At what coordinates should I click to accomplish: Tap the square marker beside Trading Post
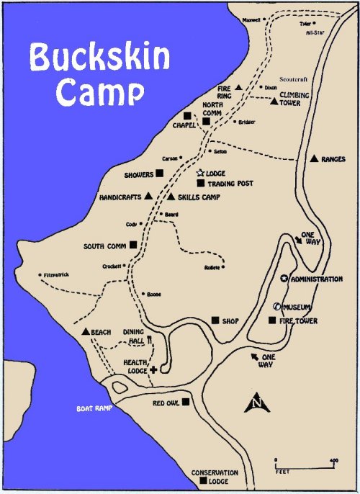[200, 183]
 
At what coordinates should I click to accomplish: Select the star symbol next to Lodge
[200, 173]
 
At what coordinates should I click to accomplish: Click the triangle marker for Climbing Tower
[274, 102]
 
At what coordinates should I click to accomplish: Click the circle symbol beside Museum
[276, 307]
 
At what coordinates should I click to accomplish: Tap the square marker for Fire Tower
[271, 320]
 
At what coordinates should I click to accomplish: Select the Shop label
[230, 321]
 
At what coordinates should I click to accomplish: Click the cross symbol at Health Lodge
[153, 370]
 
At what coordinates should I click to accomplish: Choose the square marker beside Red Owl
[186, 402]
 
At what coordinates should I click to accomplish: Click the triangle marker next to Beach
[86, 332]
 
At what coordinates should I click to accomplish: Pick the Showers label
[139, 174]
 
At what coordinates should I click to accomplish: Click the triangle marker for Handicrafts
[148, 195]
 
